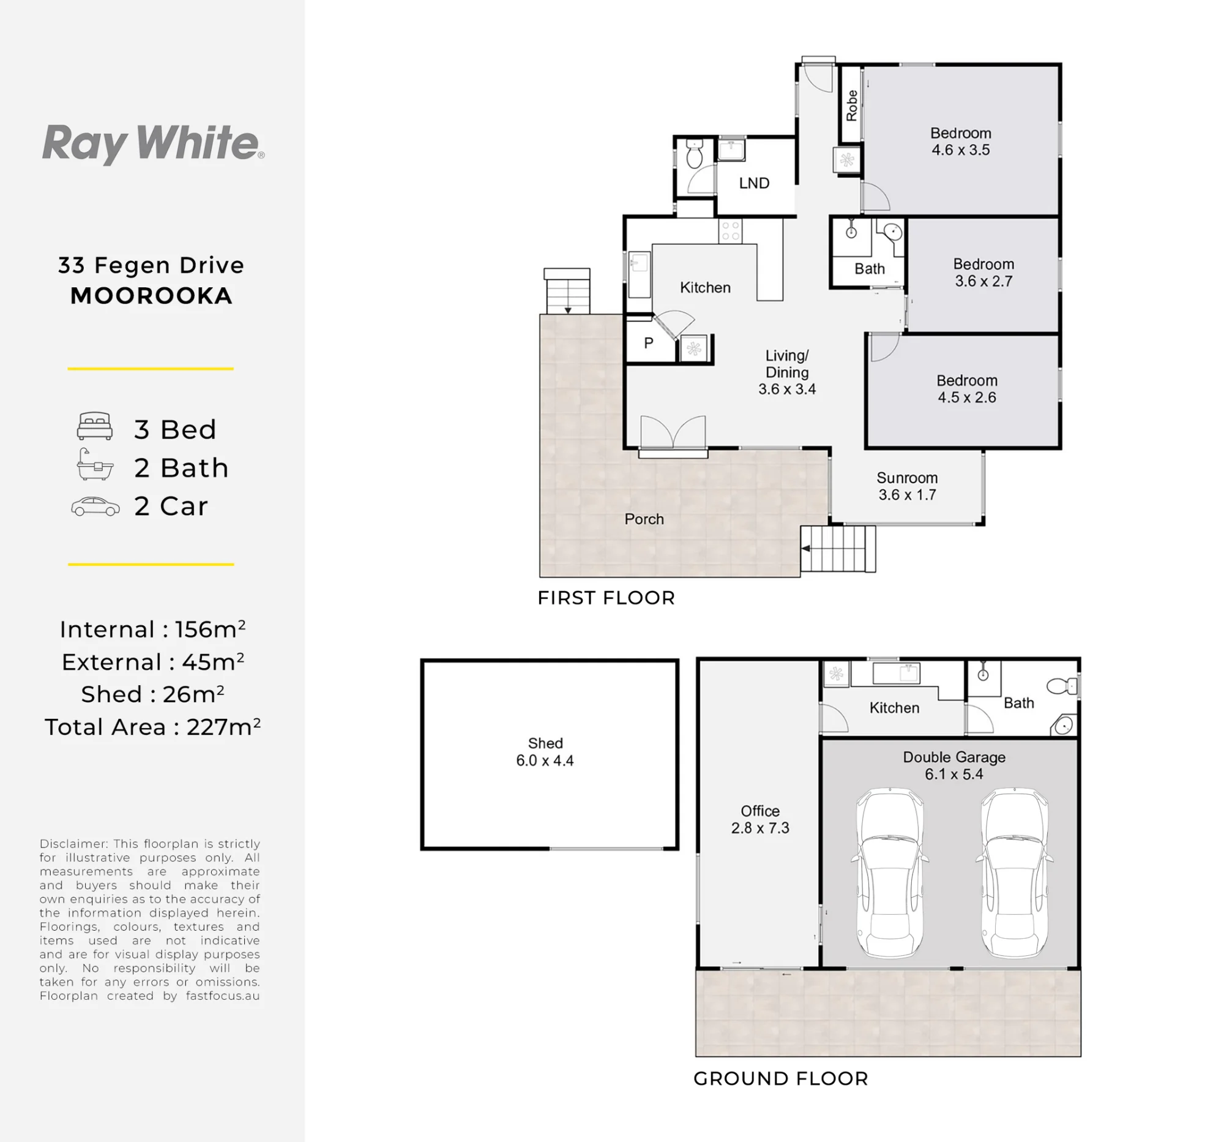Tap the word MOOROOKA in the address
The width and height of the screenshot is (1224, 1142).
click(x=151, y=296)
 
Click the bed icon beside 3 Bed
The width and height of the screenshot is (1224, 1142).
click(x=95, y=426)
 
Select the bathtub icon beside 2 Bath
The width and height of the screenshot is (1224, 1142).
click(x=95, y=464)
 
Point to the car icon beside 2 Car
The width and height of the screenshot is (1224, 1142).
click(x=95, y=506)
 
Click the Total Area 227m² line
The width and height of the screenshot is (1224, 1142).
click(x=152, y=727)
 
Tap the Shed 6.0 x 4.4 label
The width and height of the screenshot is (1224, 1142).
click(x=545, y=751)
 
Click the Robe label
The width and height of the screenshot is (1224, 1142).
click(x=851, y=105)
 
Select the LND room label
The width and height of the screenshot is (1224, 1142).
click(x=754, y=183)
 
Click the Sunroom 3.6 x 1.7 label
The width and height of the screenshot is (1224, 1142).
click(x=907, y=486)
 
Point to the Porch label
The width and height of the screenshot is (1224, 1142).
click(x=644, y=519)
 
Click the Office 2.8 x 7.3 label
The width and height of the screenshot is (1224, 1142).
click(x=759, y=819)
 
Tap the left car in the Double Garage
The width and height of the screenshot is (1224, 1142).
click(x=889, y=873)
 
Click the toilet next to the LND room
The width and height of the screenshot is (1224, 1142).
click(x=694, y=153)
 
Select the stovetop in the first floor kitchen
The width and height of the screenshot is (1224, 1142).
click(x=730, y=231)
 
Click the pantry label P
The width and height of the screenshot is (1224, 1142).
click(x=648, y=343)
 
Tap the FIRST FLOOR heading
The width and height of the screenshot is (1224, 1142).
click(x=606, y=598)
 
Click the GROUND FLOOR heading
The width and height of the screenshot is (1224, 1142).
click(x=781, y=1078)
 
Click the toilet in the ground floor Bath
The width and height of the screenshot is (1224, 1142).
click(x=1062, y=685)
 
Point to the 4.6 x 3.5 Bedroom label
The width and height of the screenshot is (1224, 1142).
click(x=960, y=141)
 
